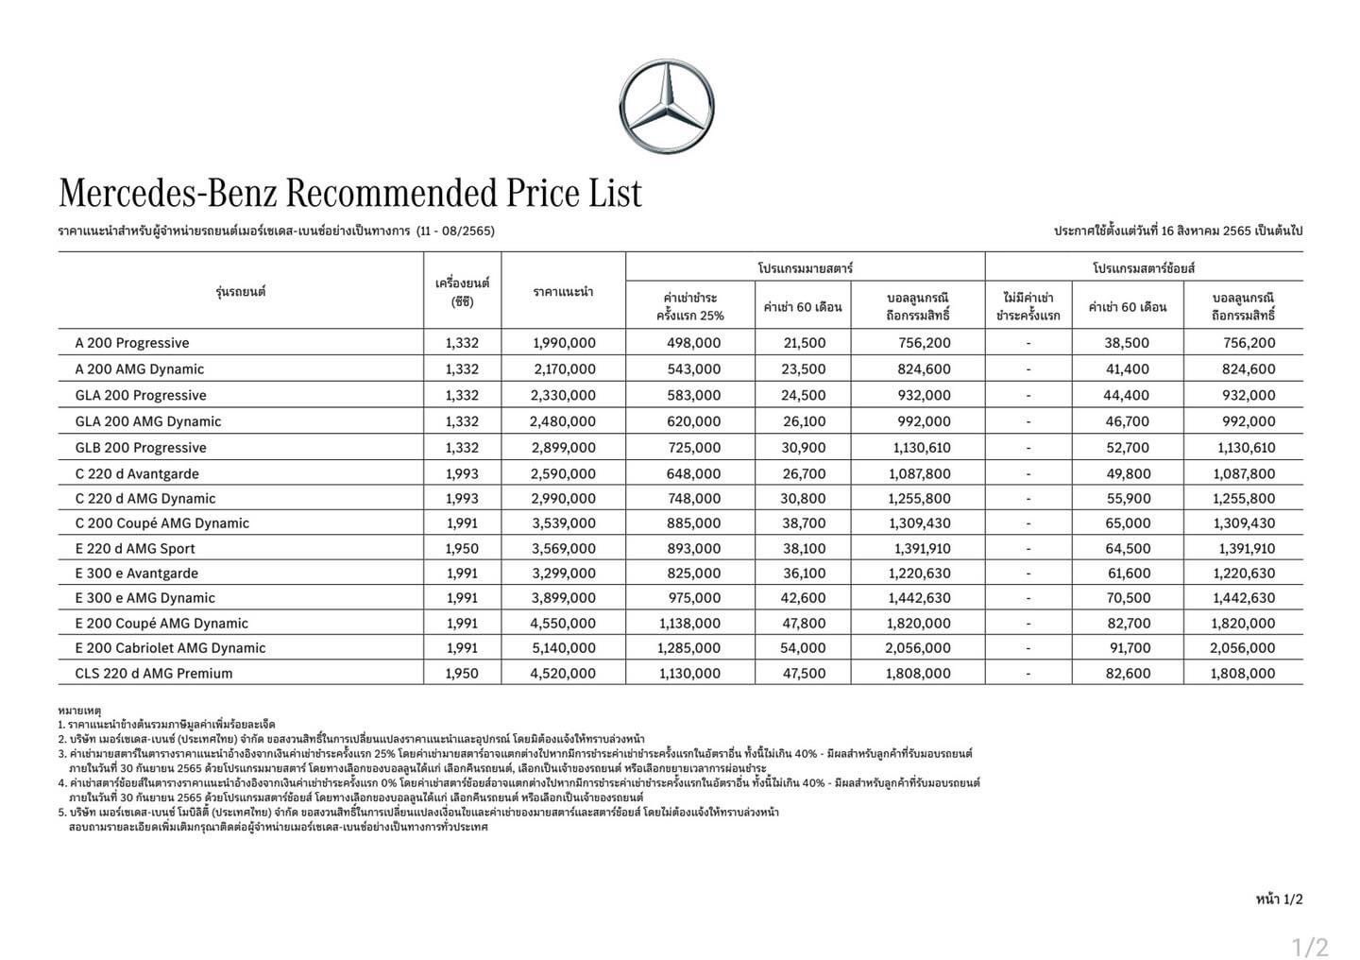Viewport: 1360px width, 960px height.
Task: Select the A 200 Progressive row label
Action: pos(132,343)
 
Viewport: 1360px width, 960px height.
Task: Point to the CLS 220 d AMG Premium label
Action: pos(153,674)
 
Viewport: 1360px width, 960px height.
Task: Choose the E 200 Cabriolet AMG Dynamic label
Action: pos(170,648)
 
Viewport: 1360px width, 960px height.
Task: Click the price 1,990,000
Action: pos(564,343)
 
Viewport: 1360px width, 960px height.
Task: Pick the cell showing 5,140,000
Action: pos(564,648)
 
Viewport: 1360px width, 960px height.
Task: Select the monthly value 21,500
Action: pos(804,343)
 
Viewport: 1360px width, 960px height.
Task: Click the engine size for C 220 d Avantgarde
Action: pos(462,473)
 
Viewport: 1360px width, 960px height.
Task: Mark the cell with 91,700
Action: pos(1130,648)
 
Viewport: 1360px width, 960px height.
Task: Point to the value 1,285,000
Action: pos(688,648)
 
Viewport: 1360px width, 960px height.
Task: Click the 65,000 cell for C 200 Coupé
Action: pos(1128,523)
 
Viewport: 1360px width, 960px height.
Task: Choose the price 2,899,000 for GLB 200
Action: pos(564,448)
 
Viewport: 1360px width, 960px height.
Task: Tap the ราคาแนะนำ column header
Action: pos(563,291)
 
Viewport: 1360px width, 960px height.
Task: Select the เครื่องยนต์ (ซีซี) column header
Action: pos(462,292)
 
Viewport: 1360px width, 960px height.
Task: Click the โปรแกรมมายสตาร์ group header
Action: pos(805,268)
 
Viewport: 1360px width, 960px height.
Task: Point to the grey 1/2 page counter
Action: pos(1310,947)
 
